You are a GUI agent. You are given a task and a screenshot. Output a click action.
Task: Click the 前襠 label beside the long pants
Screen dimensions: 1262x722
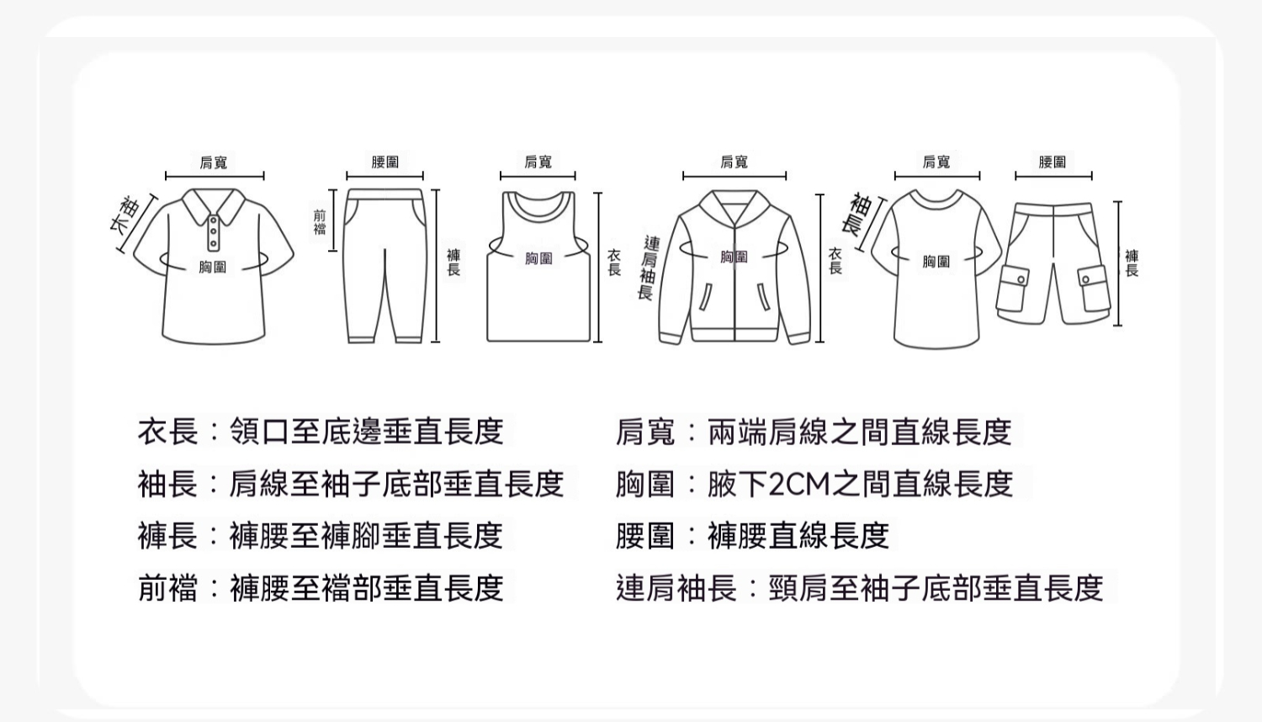point(320,222)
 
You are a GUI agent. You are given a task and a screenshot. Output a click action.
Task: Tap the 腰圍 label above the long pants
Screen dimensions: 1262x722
point(384,162)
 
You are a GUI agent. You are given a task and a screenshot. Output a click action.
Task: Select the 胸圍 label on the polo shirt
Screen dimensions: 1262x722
point(212,267)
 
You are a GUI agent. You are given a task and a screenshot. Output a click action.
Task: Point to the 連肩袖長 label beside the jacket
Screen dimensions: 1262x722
point(649,268)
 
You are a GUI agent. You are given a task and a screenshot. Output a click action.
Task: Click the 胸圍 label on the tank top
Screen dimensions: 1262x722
point(538,258)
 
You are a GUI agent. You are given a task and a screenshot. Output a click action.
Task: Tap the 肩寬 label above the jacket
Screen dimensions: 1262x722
point(734,162)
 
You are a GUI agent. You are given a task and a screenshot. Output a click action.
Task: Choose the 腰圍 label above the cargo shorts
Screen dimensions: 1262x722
point(1053,162)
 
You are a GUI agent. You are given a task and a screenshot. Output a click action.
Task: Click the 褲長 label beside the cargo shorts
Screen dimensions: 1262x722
point(1132,263)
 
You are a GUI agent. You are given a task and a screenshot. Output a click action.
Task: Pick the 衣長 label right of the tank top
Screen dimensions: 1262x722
point(614,263)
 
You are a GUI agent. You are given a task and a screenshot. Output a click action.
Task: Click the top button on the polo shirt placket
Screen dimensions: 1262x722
point(213,220)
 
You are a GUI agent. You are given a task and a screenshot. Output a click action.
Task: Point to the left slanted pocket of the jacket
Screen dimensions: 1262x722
point(705,297)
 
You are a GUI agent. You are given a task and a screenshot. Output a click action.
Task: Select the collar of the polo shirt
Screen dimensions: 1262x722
point(213,205)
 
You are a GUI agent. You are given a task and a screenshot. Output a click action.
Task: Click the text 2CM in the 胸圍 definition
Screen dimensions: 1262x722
point(800,484)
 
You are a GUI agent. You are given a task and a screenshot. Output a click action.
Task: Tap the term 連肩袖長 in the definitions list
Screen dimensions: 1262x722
point(676,588)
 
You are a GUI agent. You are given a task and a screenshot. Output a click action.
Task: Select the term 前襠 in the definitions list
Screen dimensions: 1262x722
point(168,588)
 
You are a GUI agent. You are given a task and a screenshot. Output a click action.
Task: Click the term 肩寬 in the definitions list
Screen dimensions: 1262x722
point(645,432)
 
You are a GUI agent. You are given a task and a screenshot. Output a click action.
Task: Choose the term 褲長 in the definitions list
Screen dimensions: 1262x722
point(168,535)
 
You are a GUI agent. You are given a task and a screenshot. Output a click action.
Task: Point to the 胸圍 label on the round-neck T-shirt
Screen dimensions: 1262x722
point(936,261)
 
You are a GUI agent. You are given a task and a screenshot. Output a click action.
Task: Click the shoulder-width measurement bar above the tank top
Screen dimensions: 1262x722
point(538,177)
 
